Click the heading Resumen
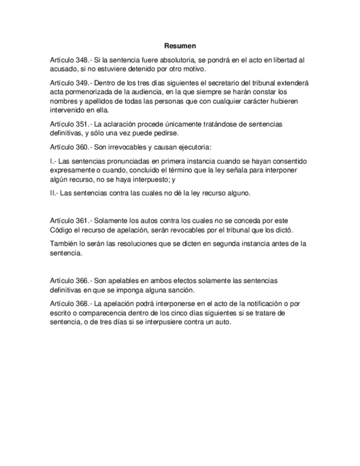pyautogui.click(x=180, y=46)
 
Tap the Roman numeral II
pyautogui.click(x=52, y=193)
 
